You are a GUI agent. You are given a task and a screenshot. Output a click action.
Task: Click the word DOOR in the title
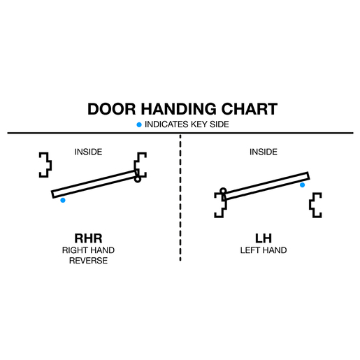pyautogui.click(x=112, y=109)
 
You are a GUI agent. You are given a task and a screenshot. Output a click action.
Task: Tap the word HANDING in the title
pyautogui.click(x=179, y=109)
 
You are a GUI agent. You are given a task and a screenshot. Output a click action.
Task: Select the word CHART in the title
pyautogui.click(x=250, y=109)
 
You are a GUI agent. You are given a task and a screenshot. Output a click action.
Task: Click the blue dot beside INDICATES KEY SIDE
pyautogui.click(x=139, y=125)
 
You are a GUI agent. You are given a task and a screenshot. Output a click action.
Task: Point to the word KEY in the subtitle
pyautogui.click(x=199, y=124)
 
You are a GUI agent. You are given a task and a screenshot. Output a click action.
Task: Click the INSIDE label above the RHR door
pyautogui.click(x=88, y=152)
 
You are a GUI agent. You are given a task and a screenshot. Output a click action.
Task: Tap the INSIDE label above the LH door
pyautogui.click(x=264, y=152)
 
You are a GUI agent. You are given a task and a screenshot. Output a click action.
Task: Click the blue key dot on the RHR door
pyautogui.click(x=63, y=200)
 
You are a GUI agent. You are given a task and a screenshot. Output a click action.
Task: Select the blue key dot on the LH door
pyautogui.click(x=302, y=185)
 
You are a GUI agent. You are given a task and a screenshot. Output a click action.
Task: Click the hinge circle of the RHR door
pyautogui.click(x=138, y=180)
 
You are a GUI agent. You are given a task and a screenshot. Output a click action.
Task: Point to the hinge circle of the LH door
pyautogui.click(x=223, y=191)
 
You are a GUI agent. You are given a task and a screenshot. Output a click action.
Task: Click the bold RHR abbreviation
pyautogui.click(x=88, y=238)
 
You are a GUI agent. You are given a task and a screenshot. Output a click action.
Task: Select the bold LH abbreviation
pyautogui.click(x=264, y=238)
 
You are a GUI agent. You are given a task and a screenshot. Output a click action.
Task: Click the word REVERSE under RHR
pyautogui.click(x=88, y=261)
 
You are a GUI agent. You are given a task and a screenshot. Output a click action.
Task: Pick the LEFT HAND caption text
pyautogui.click(x=264, y=250)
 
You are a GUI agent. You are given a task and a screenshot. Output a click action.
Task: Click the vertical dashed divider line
pyautogui.click(x=180, y=198)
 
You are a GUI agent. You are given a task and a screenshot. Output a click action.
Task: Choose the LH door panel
pyautogui.click(x=266, y=186)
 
